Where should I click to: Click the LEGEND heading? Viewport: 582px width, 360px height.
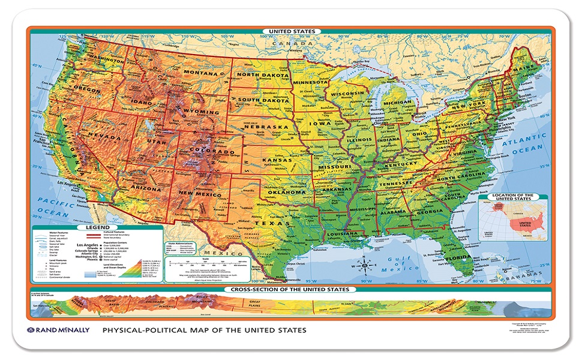click(x=97, y=228)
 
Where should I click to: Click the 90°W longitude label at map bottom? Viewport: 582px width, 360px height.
click(x=364, y=281)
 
